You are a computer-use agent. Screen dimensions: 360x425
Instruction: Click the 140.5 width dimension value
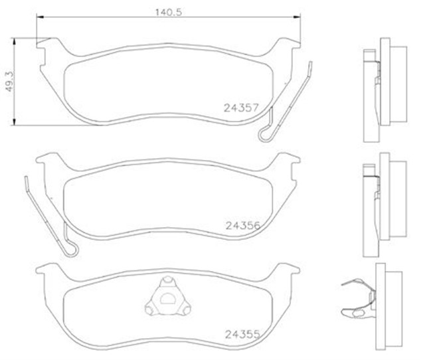(x=164, y=11)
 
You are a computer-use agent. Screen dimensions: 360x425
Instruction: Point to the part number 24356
(x=240, y=225)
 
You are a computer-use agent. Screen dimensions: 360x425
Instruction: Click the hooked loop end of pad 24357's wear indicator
(x=266, y=134)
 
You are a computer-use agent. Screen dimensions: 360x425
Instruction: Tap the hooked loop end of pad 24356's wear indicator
(x=72, y=251)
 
